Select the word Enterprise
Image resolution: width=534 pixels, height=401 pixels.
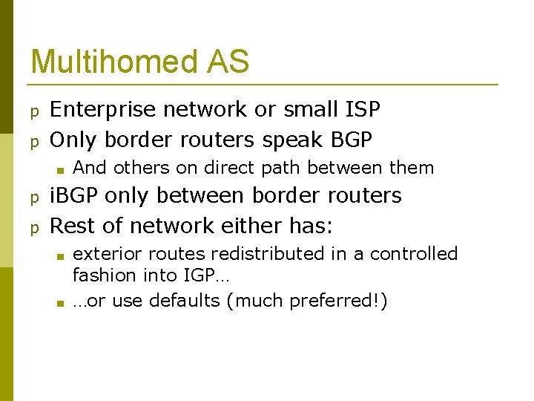pyautogui.click(x=104, y=110)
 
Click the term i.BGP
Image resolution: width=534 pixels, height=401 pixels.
pyautogui.click(x=74, y=196)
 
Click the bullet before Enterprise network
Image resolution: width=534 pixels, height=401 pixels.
pyautogui.click(x=33, y=111)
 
